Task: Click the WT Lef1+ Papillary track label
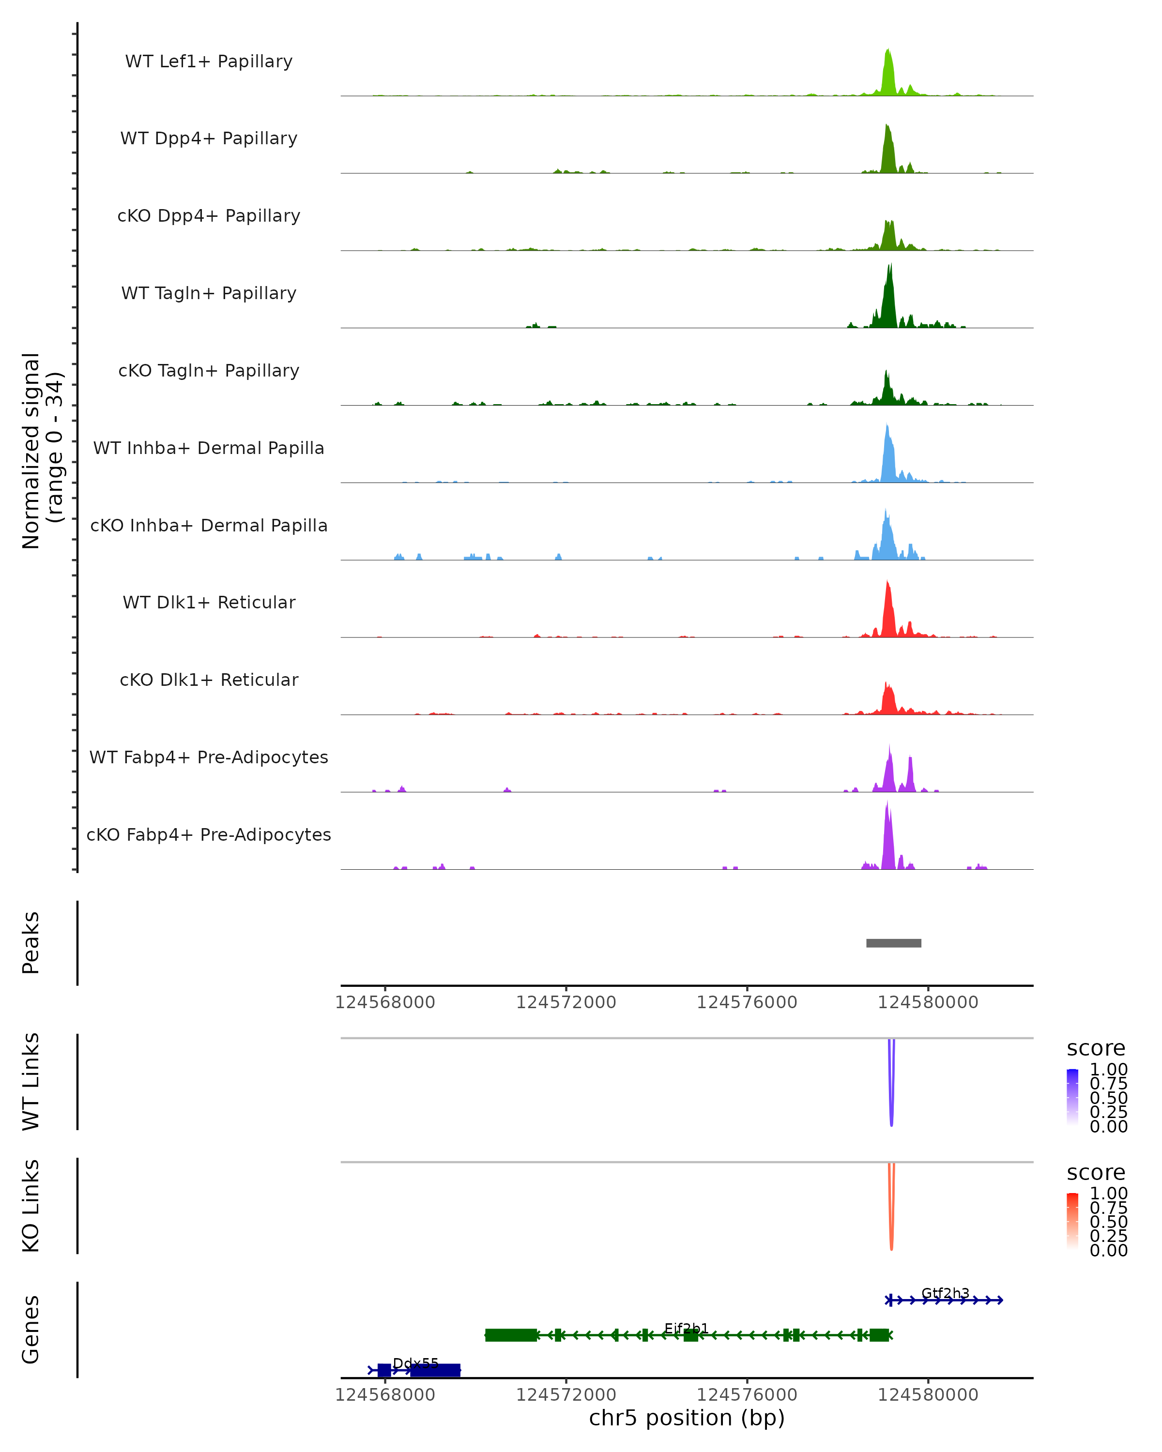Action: (x=209, y=61)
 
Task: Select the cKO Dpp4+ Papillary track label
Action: (x=209, y=216)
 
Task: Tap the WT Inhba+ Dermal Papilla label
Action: (x=209, y=449)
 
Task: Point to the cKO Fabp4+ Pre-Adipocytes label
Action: (x=209, y=835)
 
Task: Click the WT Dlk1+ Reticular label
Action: (x=209, y=603)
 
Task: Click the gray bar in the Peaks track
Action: (x=893, y=943)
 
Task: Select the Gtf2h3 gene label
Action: (x=945, y=1293)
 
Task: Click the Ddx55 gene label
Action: (x=415, y=1364)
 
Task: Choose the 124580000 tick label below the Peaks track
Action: (x=928, y=1003)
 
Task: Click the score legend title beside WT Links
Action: (x=1096, y=1049)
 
